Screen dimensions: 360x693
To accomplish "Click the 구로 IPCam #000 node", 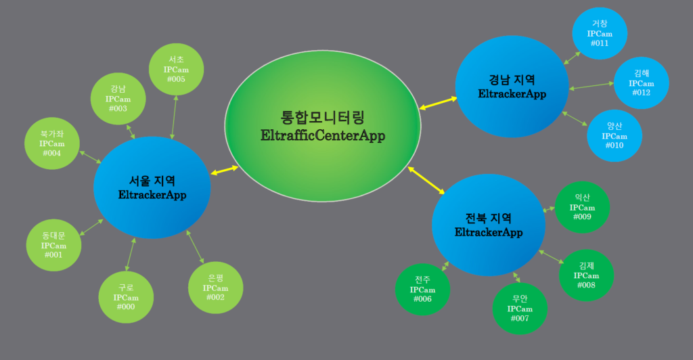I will coord(126,297).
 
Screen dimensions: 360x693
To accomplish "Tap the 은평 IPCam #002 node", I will coord(215,288).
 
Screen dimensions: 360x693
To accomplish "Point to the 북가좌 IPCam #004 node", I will coord(51,143).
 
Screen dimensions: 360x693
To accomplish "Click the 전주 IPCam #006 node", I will coord(422,290).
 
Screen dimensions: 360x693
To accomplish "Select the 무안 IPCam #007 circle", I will coord(520,308).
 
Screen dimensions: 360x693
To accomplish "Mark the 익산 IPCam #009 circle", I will coord(581,207).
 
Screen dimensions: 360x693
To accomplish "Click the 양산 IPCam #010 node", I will coord(614,136).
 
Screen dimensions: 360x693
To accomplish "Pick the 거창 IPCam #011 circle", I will coord(599,34).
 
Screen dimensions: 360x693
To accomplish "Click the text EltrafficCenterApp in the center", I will coord(323,136).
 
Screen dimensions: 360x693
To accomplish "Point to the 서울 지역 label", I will coord(152,181).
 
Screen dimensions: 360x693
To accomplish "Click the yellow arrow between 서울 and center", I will coord(225,169).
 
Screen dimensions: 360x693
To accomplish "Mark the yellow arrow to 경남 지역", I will coord(438,103).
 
